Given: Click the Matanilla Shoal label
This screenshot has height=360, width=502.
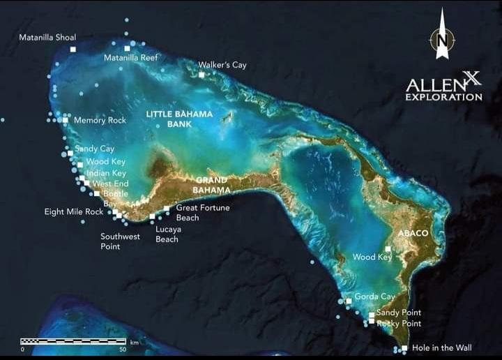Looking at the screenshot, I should pyautogui.click(x=47, y=37).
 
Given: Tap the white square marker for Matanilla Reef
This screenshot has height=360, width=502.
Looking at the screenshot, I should pyautogui.click(x=128, y=48).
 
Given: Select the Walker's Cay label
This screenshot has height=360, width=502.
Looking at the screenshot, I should pyautogui.click(x=222, y=65).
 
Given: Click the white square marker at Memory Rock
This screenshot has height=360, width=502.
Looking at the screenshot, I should pyautogui.click(x=66, y=120).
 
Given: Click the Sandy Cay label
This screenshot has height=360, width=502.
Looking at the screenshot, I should pyautogui.click(x=95, y=149).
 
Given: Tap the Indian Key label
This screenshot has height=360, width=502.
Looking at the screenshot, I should pyautogui.click(x=106, y=173).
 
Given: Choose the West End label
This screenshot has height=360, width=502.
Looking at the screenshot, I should pyautogui.click(x=111, y=183).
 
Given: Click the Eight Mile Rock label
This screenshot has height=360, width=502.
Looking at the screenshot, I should pyautogui.click(x=74, y=211).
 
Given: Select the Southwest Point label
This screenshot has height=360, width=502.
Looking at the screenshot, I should pyautogui.click(x=120, y=241).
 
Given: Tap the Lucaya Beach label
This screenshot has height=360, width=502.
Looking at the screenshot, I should pyautogui.click(x=167, y=234).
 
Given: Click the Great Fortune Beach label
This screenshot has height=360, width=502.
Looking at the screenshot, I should pyautogui.click(x=203, y=212).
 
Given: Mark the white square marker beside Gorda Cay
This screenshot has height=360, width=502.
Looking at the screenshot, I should pyautogui.click(x=349, y=301).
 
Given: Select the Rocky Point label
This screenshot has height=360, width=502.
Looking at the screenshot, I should pyautogui.click(x=399, y=324).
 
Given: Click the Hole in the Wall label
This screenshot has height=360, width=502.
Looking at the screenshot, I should pyautogui.click(x=442, y=347).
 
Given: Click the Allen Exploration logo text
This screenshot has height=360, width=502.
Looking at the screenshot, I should pyautogui.click(x=443, y=89).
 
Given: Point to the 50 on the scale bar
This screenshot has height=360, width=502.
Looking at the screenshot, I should pyautogui.click(x=123, y=349).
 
